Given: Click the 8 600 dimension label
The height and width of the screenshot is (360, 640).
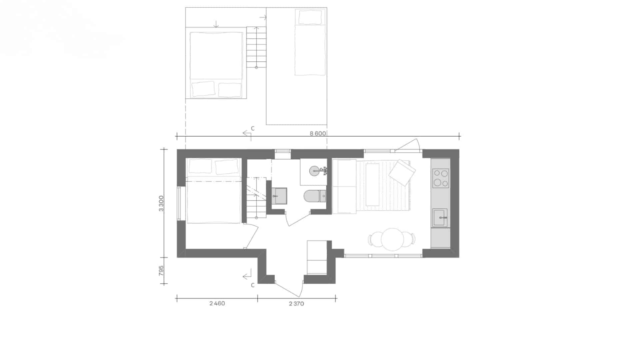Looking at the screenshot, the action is (x=318, y=133).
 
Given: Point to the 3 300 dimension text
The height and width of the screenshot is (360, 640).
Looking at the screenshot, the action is (x=161, y=203).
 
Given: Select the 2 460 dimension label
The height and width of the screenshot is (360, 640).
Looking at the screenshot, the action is (x=217, y=303).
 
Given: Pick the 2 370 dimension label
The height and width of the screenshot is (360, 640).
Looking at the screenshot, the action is (x=296, y=303).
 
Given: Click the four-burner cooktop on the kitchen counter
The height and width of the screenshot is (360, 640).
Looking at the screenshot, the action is (x=441, y=178).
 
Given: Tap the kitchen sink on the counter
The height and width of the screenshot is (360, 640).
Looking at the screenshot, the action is (x=440, y=218).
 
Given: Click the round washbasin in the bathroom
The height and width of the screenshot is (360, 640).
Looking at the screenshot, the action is (x=315, y=171).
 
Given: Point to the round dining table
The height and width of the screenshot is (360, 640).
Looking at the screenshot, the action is (x=392, y=239).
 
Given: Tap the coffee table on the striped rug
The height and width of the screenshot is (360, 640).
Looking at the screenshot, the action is (x=372, y=185).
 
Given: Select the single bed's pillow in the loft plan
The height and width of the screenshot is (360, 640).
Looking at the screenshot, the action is (x=310, y=17).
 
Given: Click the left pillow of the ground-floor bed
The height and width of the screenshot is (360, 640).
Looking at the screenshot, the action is (x=200, y=166).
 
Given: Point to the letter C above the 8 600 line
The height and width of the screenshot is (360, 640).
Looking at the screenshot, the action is (x=253, y=128).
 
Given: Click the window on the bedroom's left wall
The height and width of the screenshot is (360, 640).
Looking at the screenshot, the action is (x=179, y=203).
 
